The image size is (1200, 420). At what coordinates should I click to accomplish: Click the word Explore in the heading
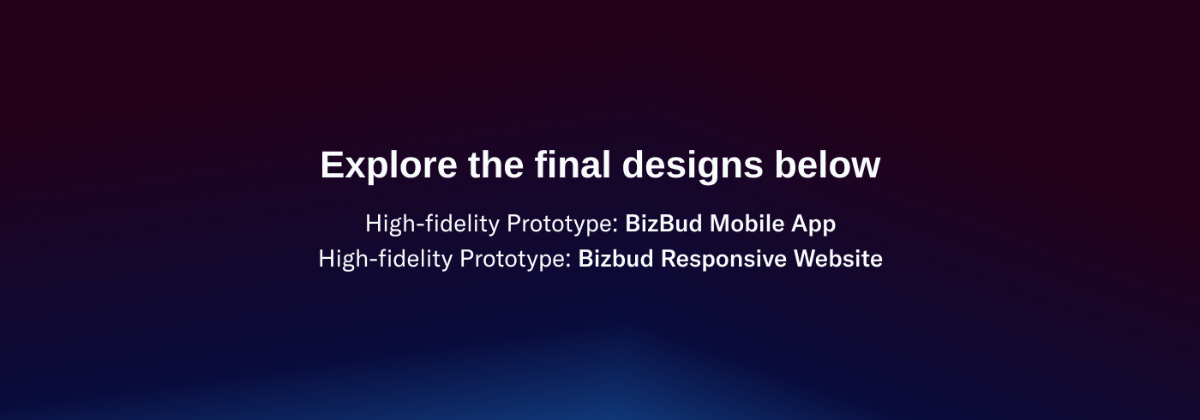(x=388, y=165)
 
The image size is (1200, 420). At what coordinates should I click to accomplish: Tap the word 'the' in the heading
(x=495, y=165)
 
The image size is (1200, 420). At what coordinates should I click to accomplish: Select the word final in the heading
(x=573, y=164)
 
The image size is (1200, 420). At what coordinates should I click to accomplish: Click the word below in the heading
(x=827, y=164)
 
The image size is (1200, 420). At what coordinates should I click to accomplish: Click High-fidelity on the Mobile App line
(x=432, y=224)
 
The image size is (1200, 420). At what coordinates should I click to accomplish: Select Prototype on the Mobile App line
(x=562, y=225)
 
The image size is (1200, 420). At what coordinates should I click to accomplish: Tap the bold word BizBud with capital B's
(x=663, y=224)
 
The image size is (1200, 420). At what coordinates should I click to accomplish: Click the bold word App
(x=813, y=225)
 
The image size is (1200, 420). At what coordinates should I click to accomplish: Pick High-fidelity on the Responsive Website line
(x=386, y=259)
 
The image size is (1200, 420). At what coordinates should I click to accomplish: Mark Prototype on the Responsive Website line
(x=516, y=260)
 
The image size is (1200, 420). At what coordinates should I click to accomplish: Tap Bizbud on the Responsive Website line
(x=615, y=259)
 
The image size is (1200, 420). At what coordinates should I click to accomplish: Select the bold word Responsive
(x=723, y=260)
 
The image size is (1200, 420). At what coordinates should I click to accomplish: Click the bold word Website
(x=838, y=259)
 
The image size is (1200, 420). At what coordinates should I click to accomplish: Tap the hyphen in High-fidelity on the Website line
(x=374, y=261)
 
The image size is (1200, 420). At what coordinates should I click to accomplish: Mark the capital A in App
(x=799, y=224)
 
